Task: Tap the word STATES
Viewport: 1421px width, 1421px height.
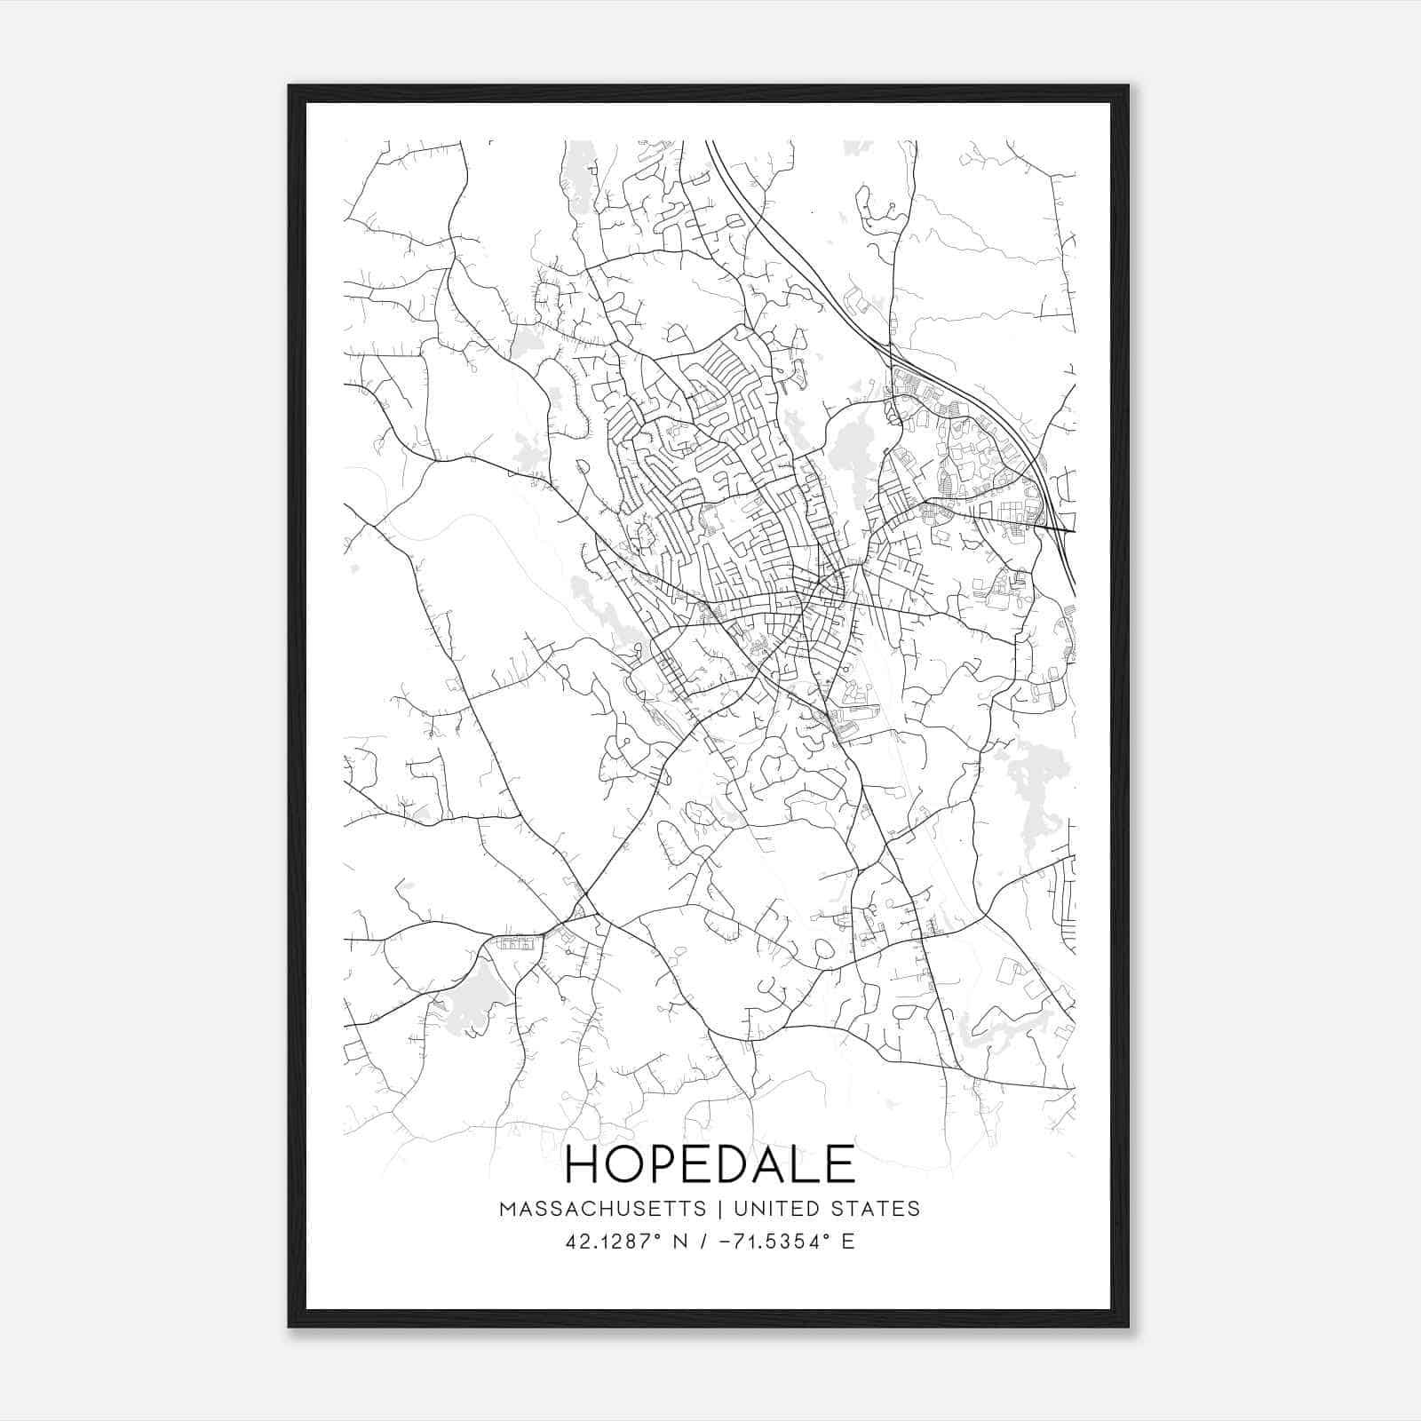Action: click(x=876, y=1209)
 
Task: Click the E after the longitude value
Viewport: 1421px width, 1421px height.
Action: click(x=848, y=1242)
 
